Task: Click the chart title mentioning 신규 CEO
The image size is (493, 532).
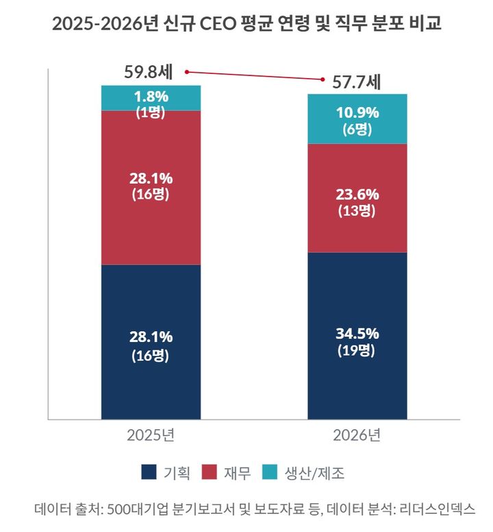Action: (x=246, y=25)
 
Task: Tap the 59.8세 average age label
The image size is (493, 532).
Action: (x=150, y=71)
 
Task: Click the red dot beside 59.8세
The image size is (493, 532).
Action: (x=186, y=71)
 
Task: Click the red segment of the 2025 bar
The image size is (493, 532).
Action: (x=151, y=226)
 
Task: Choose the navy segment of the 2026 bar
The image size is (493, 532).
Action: (x=357, y=384)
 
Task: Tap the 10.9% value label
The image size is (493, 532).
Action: (x=357, y=112)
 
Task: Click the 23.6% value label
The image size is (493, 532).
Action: (x=357, y=194)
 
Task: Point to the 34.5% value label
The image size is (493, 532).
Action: (x=357, y=334)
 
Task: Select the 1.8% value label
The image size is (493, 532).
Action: (x=151, y=96)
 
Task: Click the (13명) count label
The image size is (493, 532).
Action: (x=357, y=211)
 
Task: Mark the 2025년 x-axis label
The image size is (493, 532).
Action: (x=151, y=435)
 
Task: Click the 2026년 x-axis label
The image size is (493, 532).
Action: (x=357, y=435)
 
